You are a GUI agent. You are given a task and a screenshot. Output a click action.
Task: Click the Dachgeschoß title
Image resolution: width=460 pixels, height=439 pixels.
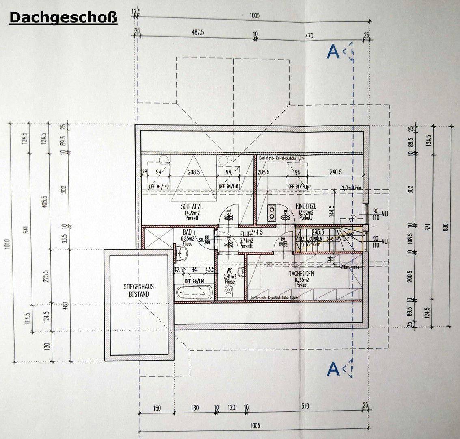pos(63,17)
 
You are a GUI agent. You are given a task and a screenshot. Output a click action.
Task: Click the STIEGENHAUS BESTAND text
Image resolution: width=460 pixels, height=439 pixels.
pos(136,290)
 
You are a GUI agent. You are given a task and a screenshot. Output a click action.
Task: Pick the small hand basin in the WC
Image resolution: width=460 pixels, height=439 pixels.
pos(241,272)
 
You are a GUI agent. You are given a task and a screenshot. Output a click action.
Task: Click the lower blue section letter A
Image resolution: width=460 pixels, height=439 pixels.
pos(333,369)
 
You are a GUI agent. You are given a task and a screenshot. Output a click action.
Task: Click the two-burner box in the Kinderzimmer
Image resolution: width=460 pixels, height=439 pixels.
pos(272,213)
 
